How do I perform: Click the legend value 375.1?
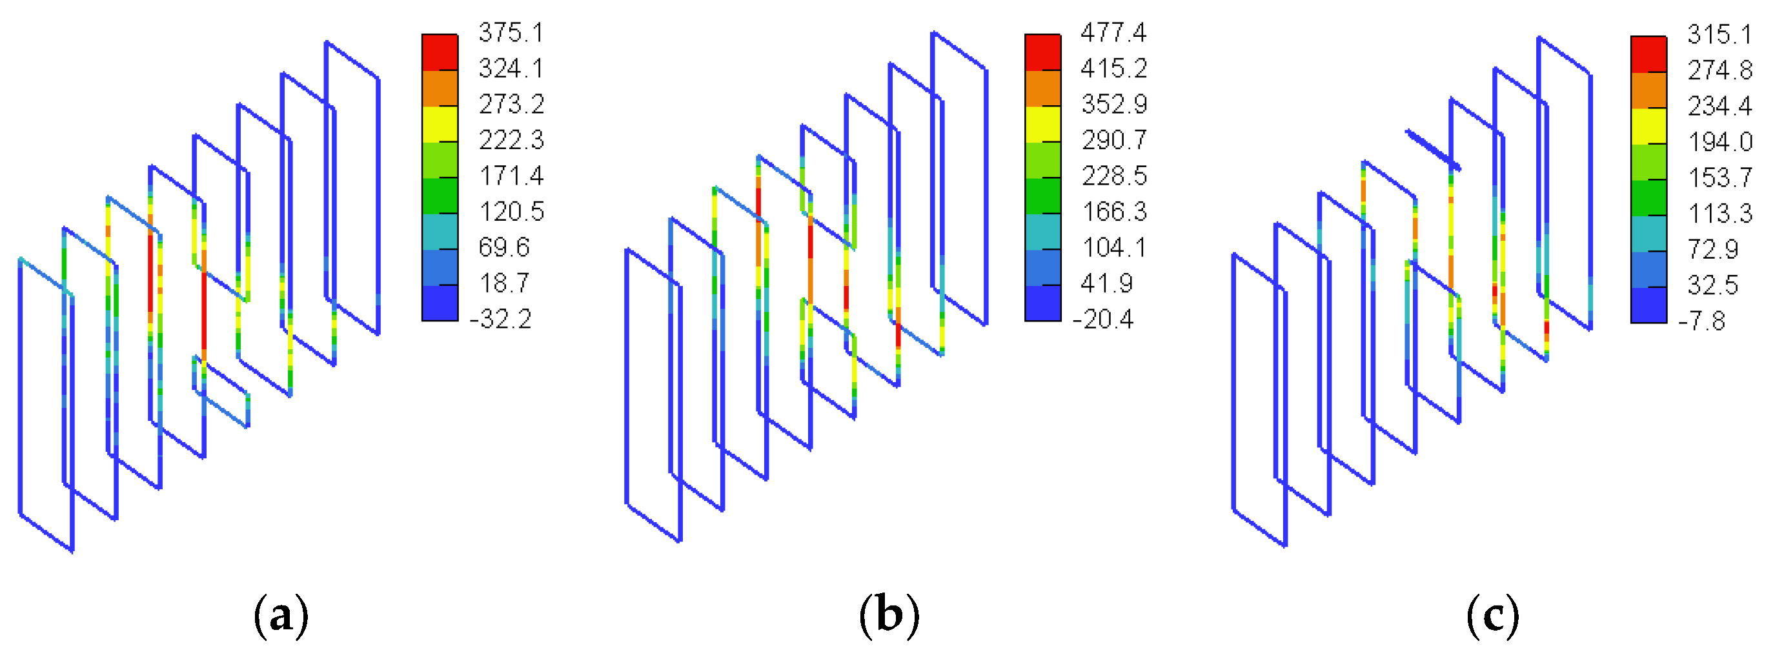511,32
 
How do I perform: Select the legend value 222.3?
511,140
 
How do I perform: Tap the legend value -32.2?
501,319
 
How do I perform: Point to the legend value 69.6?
503,247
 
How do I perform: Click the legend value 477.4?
1113,32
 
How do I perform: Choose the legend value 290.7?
1113,140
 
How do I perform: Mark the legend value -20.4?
1103,319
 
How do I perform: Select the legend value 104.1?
1113,247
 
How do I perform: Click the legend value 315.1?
1719,34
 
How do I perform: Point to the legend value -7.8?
1703,321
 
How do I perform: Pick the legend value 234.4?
1720,106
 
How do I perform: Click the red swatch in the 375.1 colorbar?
440,52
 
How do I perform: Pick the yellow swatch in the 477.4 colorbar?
1042,124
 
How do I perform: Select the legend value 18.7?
503,283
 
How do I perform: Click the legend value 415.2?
1113,68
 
